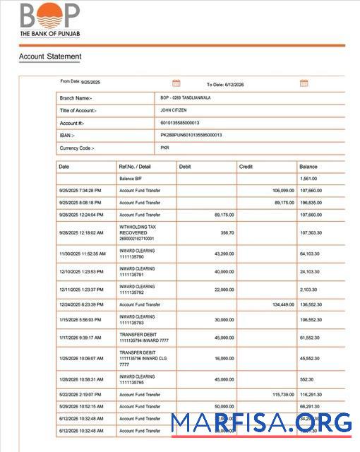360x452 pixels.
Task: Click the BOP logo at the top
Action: pos(49,16)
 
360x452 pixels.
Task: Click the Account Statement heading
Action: pos(49,56)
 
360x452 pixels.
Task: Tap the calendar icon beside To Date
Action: pos(304,83)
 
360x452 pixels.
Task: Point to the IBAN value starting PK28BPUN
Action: pos(191,135)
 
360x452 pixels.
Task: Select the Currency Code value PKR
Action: pos(165,148)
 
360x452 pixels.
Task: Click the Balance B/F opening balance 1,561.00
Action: pos(310,179)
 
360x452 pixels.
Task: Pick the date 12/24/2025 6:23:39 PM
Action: pos(81,304)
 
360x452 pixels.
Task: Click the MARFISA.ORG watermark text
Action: pos(261,422)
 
